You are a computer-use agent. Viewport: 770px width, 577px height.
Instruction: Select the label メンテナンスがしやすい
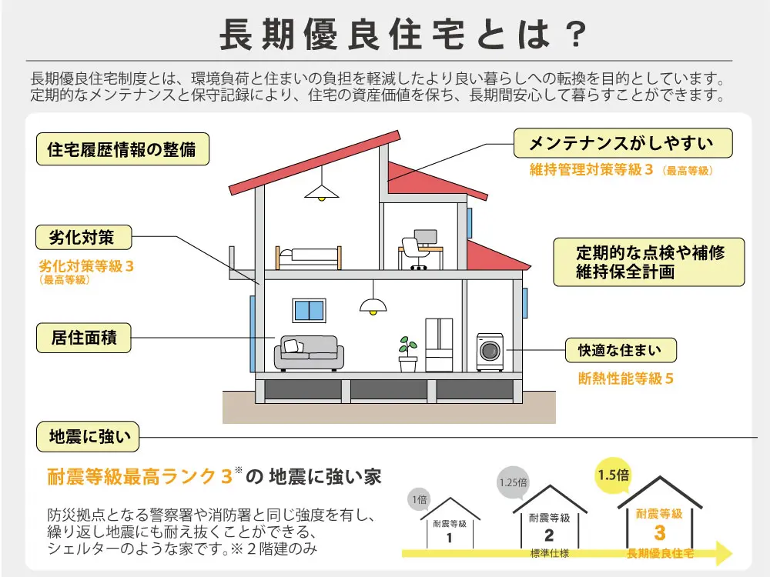pyautogui.click(x=621, y=143)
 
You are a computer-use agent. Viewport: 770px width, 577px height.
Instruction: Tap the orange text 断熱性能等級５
pyautogui.click(x=626, y=379)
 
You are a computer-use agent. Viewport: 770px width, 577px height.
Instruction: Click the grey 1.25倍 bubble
pyautogui.click(x=513, y=483)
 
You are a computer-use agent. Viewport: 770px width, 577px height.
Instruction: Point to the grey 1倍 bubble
pyautogui.click(x=419, y=500)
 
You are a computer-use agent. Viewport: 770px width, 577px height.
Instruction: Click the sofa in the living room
pyautogui.click(x=309, y=353)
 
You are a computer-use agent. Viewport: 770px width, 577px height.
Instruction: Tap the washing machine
pyautogui.click(x=490, y=352)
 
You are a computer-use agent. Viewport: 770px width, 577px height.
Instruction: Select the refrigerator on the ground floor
pyautogui.click(x=440, y=344)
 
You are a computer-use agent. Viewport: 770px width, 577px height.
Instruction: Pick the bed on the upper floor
pyautogui.click(x=308, y=256)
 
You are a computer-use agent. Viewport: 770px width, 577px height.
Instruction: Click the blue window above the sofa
pyautogui.click(x=309, y=310)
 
